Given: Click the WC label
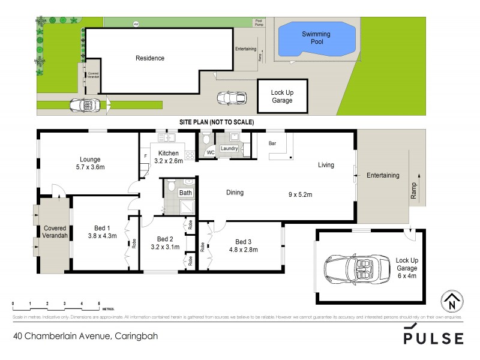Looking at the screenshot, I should (x=210, y=153).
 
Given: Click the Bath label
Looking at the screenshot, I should (x=185, y=193).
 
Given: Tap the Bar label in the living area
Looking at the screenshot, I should (x=272, y=144).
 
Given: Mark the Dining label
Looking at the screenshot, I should (x=235, y=193).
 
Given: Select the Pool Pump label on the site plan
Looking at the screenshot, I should (x=259, y=23).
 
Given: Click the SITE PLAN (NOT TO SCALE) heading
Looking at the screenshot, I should (x=217, y=122).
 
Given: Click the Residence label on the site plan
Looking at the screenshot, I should (x=149, y=58).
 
